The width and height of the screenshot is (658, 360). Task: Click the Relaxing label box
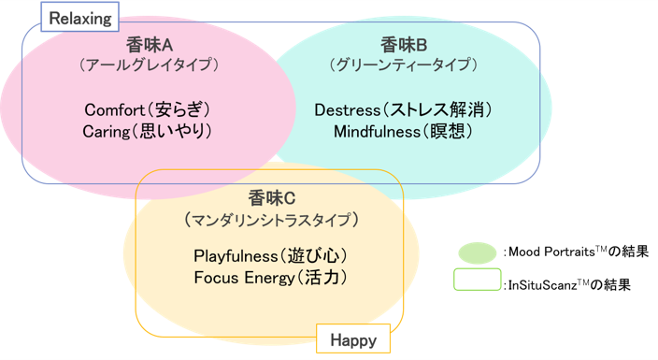79,17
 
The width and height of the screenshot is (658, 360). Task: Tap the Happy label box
353,338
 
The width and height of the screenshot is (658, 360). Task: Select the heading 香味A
150,45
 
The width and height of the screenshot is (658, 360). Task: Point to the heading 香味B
404,45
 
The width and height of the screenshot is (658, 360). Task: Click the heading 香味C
271,198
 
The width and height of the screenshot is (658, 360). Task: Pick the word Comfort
115,110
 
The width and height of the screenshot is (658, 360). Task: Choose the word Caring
107,132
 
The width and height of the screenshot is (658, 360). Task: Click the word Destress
348,110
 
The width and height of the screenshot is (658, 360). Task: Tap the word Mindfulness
377,132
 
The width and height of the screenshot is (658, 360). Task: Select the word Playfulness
236,256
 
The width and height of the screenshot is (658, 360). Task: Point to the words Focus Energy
245,278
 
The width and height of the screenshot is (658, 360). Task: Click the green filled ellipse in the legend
478,252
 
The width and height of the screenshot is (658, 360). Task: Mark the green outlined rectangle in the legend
478,279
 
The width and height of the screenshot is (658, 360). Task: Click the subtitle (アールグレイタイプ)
150,65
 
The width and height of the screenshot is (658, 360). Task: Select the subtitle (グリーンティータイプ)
404,65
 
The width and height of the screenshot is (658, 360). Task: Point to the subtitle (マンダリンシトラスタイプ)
271,220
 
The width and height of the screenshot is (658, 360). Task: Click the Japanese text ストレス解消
436,109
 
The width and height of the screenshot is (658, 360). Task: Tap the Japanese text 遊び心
313,256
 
